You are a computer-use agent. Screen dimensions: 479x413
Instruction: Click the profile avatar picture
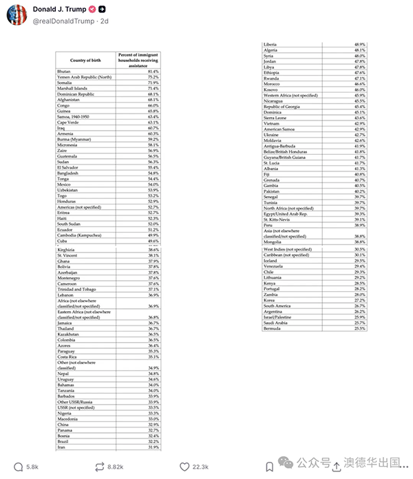17,14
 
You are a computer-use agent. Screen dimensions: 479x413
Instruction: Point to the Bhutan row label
64,72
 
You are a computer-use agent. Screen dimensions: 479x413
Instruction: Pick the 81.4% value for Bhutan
152,72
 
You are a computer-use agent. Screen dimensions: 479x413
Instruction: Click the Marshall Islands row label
72,88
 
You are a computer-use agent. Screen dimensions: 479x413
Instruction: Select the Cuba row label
63,242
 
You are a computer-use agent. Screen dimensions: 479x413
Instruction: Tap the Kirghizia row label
66,250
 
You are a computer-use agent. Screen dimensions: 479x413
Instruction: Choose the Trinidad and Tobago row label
77,289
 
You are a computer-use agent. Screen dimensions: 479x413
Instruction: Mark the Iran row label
62,447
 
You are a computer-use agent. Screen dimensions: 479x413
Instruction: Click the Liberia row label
271,45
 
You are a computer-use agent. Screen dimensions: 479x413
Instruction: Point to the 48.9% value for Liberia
359,45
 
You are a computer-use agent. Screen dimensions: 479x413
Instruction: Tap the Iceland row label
271,261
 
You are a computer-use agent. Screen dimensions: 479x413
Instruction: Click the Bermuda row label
273,328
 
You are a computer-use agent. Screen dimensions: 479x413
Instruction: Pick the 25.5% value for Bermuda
359,328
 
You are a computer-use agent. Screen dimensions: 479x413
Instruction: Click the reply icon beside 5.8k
18,466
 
